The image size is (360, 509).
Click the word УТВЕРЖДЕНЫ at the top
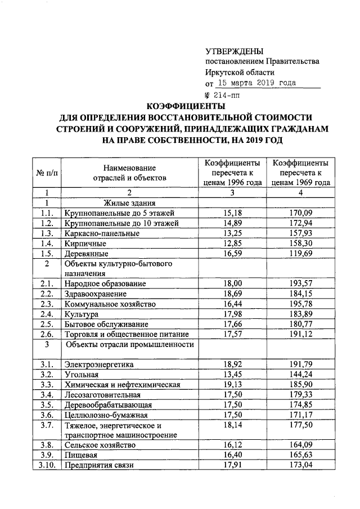[235, 51]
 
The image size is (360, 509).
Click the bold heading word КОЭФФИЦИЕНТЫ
[186, 106]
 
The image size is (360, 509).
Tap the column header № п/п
[47, 173]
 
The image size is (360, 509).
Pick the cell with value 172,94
[300, 223]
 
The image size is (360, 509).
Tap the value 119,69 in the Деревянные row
[300, 254]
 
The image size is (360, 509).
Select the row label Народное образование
[105, 283]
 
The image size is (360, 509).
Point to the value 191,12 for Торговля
[300, 334]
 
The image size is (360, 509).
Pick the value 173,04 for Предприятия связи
[300, 465]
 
